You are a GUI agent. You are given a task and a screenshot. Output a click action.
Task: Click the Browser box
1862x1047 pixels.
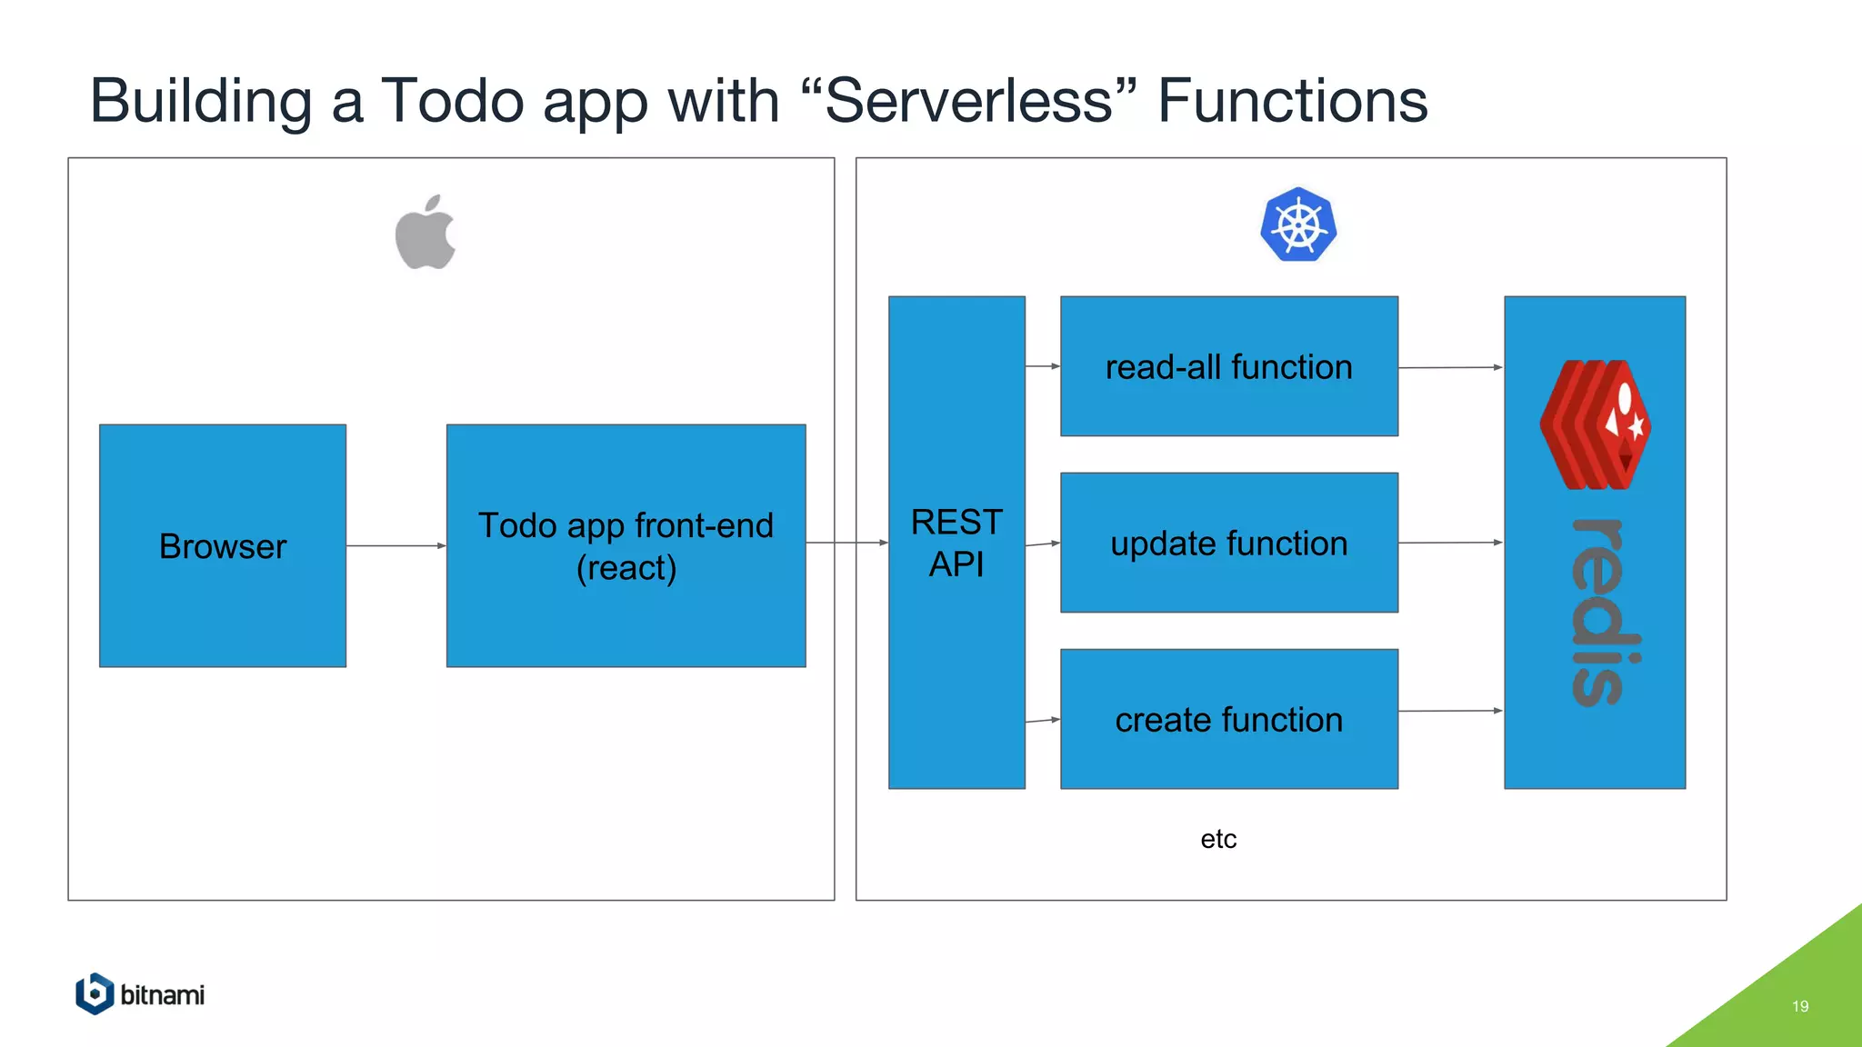223,545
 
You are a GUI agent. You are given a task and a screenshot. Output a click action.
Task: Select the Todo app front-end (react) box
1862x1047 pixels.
626,545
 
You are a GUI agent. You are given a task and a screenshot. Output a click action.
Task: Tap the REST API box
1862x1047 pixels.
956,543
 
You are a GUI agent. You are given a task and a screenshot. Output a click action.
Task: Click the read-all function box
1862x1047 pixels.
1228,366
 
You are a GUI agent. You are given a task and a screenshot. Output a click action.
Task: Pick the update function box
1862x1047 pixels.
1228,543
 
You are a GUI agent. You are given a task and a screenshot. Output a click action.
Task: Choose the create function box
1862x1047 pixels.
1228,719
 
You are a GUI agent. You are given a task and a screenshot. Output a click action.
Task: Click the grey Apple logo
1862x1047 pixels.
425,234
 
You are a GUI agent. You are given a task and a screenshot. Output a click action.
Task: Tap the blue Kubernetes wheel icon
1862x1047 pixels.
1298,225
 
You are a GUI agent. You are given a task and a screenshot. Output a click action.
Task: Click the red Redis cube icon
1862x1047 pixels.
1595,424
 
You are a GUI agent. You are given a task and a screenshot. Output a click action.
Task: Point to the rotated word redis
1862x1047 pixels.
1606,612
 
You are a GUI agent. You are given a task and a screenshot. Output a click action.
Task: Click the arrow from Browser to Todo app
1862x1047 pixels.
395,545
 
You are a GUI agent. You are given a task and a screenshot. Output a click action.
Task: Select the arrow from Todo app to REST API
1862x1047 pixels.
846,543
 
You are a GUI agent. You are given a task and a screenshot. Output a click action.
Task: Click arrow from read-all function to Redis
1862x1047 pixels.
1450,367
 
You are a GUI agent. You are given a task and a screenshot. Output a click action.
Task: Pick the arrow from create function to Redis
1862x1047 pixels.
1450,711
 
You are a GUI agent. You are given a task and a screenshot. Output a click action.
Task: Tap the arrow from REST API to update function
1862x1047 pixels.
1042,543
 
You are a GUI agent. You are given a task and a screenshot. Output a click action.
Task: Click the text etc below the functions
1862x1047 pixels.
1218,839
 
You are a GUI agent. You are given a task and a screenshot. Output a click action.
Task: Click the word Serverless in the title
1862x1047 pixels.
969,100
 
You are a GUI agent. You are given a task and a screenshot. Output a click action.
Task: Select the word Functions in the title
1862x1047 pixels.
1292,100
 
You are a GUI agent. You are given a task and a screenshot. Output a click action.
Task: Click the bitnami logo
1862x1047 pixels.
141,994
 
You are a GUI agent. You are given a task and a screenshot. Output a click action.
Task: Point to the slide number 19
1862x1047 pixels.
1799,1006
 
